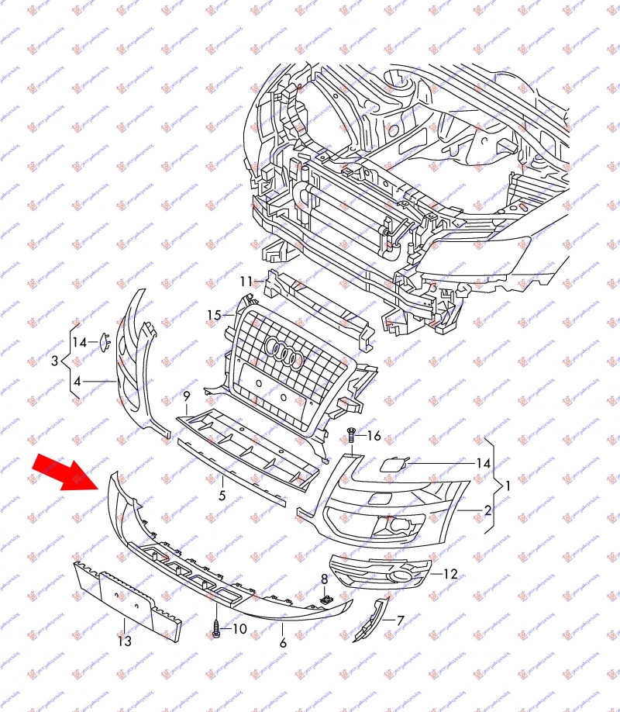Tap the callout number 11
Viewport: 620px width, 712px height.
(246, 281)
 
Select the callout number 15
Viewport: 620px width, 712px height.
(214, 315)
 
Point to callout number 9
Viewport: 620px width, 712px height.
(186, 396)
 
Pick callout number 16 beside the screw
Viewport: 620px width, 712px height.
(374, 437)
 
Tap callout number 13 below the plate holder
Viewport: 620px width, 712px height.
(125, 641)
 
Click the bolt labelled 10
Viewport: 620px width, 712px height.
(216, 631)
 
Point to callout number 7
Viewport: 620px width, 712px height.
(400, 620)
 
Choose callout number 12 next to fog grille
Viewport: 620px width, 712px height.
(450, 575)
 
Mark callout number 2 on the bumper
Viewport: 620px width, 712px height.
(488, 510)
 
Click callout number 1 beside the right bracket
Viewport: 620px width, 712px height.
(507, 486)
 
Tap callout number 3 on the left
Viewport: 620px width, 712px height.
(55, 361)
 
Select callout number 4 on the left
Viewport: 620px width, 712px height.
(77, 381)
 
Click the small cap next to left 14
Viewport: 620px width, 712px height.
(103, 340)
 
